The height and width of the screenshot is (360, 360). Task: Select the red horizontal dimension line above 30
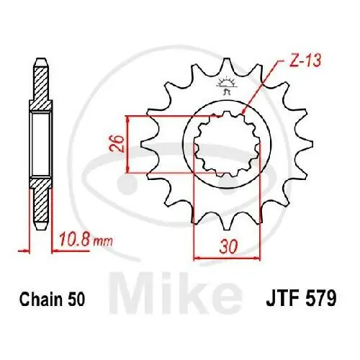(x=220, y=256)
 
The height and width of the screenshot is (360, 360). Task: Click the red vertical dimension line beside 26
(x=127, y=144)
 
